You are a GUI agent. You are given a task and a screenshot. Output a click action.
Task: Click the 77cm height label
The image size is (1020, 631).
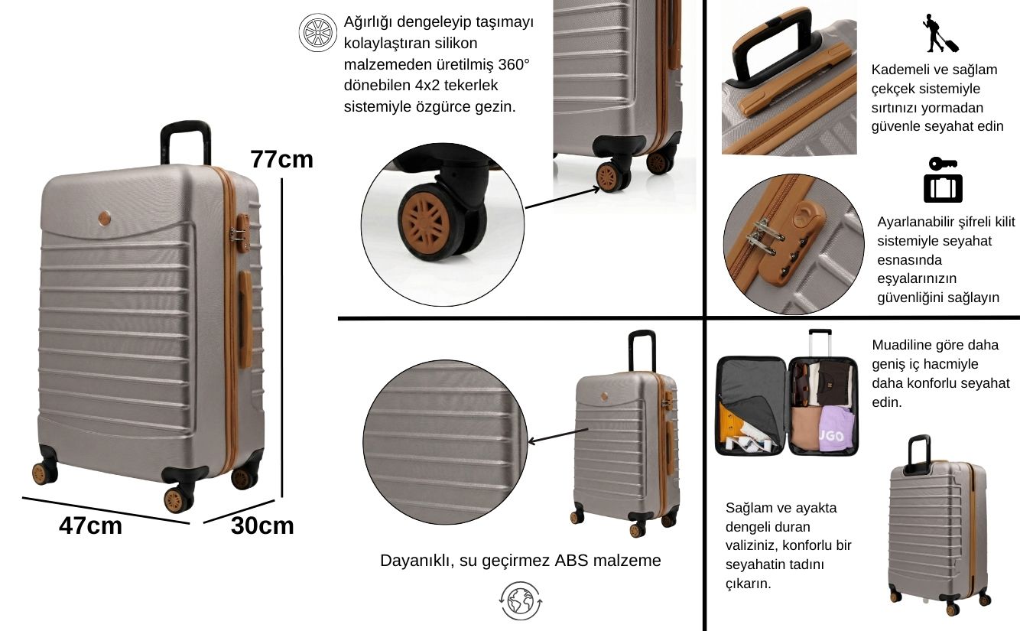[282, 159]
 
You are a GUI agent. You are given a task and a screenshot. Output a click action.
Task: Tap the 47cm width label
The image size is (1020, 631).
[91, 525]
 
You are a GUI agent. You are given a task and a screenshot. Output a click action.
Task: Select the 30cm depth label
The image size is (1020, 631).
[262, 525]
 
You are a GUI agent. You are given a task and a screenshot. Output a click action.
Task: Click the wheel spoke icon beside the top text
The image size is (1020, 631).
[318, 32]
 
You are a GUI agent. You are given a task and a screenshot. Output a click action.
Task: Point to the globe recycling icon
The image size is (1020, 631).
[521, 601]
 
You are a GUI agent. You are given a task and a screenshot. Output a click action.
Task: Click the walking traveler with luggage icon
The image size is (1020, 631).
[940, 33]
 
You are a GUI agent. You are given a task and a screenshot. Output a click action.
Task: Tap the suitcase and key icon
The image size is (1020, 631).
[943, 180]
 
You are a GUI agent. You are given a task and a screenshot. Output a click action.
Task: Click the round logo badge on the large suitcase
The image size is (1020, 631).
[105, 218]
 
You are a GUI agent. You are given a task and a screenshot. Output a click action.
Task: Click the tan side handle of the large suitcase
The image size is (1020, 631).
[245, 320]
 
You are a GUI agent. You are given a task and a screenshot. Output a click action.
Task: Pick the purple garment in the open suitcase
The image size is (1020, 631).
[837, 429]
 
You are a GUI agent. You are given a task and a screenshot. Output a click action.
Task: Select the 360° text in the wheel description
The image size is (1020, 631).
[514, 64]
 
